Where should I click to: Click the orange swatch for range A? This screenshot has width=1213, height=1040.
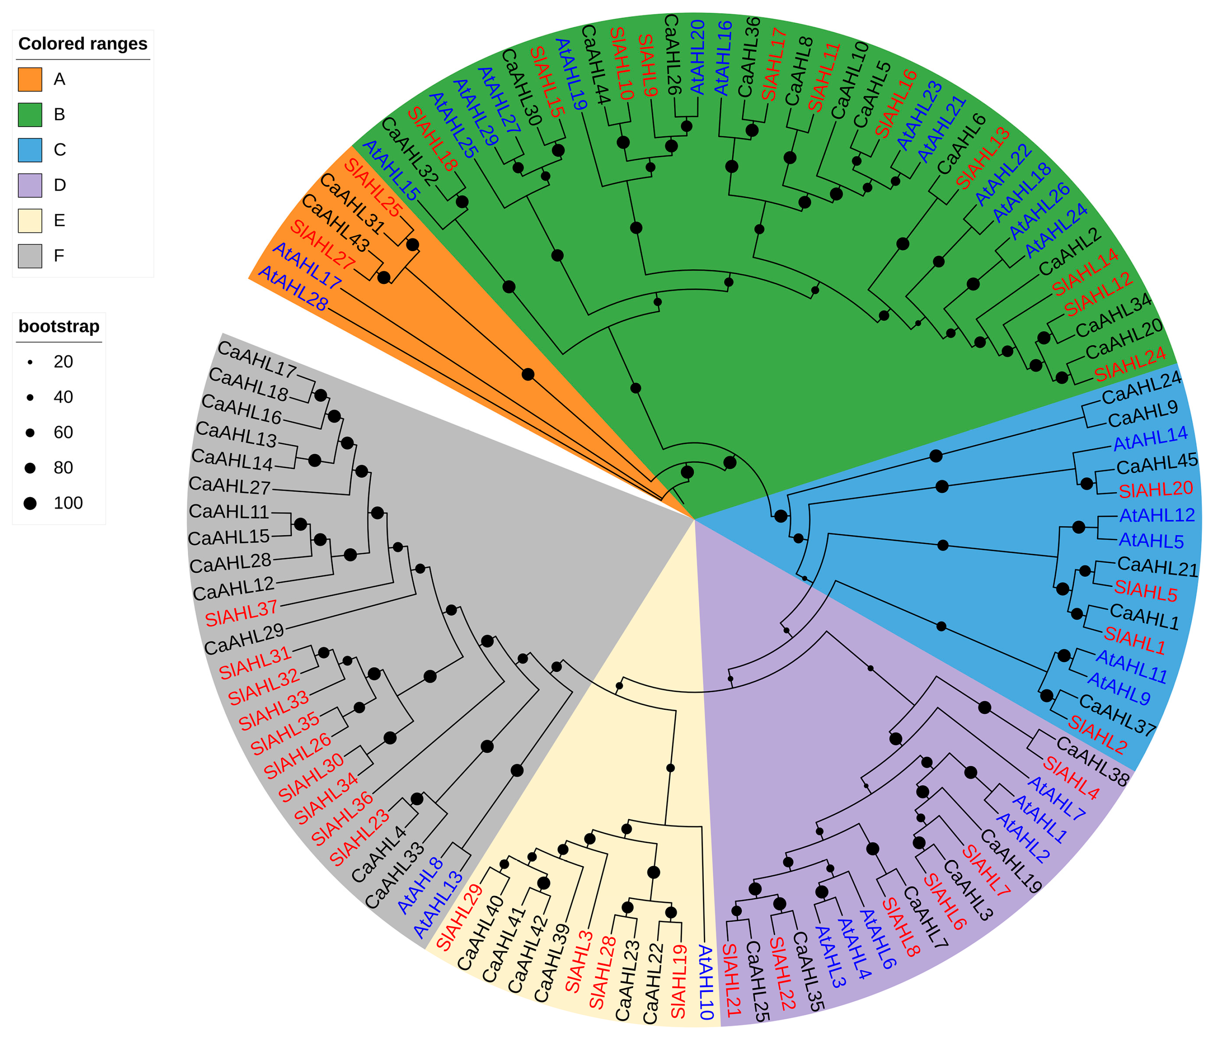click(30, 80)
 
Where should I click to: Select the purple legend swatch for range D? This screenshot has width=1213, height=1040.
click(30, 185)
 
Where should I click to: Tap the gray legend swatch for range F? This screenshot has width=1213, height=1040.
click(30, 256)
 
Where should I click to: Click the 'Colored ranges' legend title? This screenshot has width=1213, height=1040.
click(83, 44)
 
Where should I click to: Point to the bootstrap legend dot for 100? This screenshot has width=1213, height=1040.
click(30, 503)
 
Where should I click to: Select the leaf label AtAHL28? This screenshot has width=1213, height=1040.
click(293, 288)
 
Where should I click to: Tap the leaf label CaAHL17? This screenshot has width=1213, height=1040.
click(257, 359)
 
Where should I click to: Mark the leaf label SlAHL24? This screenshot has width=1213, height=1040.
click(1130, 364)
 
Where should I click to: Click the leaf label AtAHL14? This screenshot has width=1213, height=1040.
click(1150, 438)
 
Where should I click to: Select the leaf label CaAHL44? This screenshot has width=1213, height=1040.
click(596, 64)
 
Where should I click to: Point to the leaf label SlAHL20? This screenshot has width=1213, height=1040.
click(1155, 490)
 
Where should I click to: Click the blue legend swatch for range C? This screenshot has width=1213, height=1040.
click(30, 150)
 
